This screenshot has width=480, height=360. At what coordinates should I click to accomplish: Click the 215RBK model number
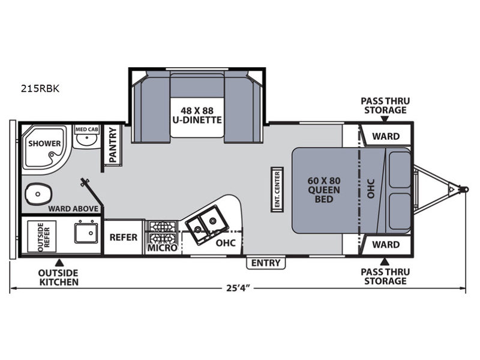click(x=40, y=88)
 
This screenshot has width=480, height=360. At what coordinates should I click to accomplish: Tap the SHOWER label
click(x=44, y=143)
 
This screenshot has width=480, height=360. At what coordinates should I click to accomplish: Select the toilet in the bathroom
click(x=38, y=194)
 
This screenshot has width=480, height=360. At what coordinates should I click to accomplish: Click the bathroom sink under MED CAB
click(x=86, y=140)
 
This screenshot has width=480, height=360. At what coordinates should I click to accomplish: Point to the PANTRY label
click(x=113, y=145)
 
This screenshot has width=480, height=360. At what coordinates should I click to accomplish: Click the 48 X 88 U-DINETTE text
click(x=197, y=115)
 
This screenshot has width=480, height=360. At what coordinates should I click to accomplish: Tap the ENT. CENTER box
click(x=277, y=190)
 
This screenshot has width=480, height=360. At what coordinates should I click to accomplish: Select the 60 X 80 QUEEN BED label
click(x=324, y=190)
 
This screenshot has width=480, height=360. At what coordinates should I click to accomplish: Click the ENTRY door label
click(x=266, y=263)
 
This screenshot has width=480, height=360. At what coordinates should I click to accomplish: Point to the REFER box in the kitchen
click(x=124, y=237)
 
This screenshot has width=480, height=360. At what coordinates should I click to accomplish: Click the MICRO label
click(x=162, y=248)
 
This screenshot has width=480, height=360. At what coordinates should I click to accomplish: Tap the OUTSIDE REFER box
click(x=42, y=236)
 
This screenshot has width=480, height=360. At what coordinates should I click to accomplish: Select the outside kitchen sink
click(x=86, y=233)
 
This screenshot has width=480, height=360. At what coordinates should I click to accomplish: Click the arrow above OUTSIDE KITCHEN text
click(x=59, y=263)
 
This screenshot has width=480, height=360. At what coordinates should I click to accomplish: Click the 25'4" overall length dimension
click(x=236, y=288)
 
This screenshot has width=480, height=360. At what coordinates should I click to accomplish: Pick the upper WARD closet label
click(x=386, y=136)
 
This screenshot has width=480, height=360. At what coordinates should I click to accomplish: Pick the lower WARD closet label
click(x=386, y=245)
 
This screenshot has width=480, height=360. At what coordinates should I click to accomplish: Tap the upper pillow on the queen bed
click(x=400, y=169)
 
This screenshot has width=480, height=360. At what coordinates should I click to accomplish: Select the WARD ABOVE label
click(x=73, y=209)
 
